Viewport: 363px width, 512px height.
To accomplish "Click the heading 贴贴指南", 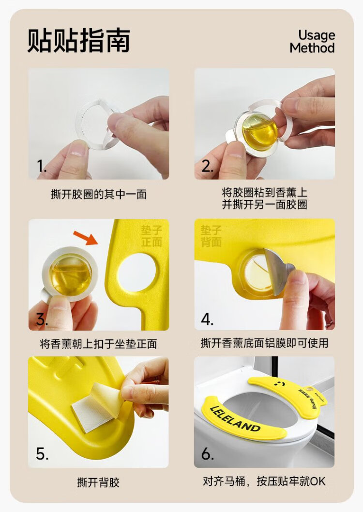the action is (79, 41).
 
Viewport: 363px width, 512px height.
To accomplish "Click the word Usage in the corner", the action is (317, 35).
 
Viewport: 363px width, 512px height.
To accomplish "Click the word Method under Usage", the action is (312, 48).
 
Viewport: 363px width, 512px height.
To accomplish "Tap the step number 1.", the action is (42, 166).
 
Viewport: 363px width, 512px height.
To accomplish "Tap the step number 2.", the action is (208, 166).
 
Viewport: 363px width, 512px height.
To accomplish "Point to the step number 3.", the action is (42, 319).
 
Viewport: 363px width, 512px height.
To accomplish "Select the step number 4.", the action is (207, 319).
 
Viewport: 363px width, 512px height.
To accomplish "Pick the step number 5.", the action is (42, 453).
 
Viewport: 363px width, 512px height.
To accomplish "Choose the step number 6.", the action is (208, 453).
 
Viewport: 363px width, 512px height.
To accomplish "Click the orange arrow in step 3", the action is (86, 238).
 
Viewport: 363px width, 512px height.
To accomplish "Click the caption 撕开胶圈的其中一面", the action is (98, 194).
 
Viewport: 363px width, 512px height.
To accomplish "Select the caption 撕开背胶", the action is (98, 482).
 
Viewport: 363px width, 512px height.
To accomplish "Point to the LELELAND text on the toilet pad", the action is (235, 419).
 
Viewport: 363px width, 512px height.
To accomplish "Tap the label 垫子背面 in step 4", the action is (211, 236).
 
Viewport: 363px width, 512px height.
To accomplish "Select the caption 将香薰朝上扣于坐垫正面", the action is (98, 344).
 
